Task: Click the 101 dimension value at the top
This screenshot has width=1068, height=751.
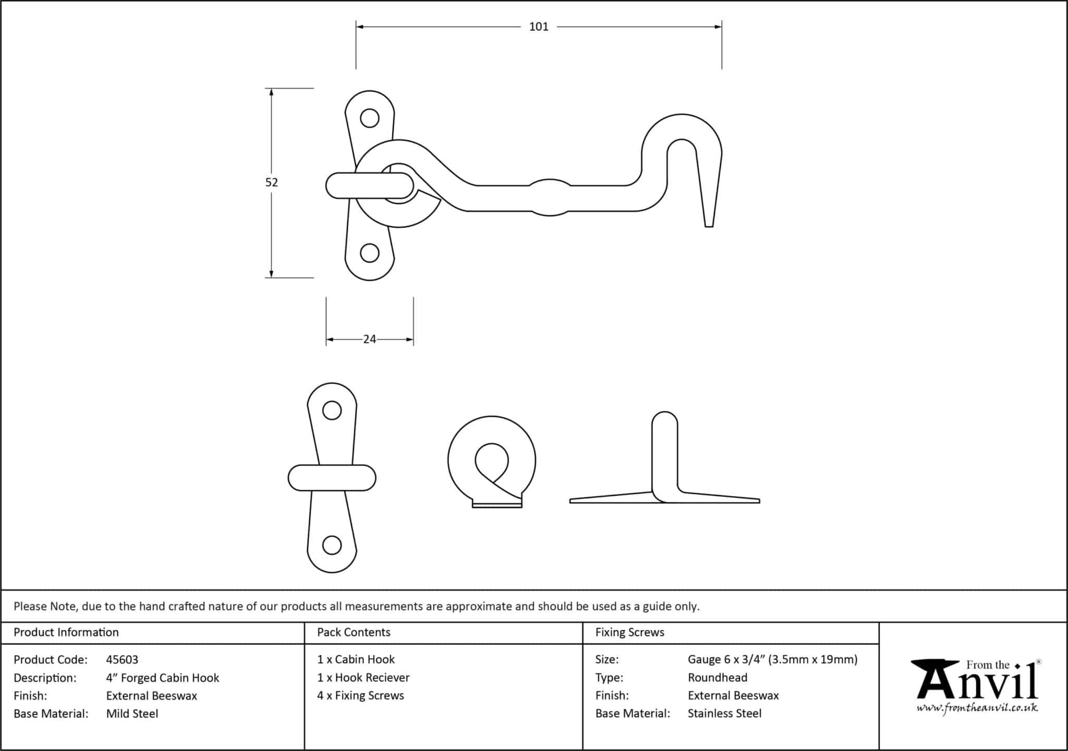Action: tap(539, 27)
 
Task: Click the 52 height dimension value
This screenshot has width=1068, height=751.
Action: tap(271, 182)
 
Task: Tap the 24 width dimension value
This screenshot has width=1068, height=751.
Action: tap(369, 340)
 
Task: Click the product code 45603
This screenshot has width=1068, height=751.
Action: tap(122, 660)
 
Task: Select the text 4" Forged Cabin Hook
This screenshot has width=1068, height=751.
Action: tap(162, 678)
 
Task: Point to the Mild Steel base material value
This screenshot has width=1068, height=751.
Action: tap(132, 713)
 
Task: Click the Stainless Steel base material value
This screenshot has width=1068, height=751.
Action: tap(724, 713)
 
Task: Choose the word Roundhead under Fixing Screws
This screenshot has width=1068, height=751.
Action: tap(717, 677)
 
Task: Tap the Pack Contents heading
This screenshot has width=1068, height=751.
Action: tap(354, 632)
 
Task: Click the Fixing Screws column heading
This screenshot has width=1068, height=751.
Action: tap(629, 632)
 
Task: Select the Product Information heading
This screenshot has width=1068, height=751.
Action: tap(66, 632)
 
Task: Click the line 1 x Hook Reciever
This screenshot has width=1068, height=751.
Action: tap(363, 677)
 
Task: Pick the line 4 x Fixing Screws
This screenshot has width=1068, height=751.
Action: tap(360, 695)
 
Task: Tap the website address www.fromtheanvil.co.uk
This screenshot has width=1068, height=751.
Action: tap(977, 708)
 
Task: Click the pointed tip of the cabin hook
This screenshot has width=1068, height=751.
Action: tap(709, 223)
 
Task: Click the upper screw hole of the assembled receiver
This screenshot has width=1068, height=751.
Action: tap(370, 118)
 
